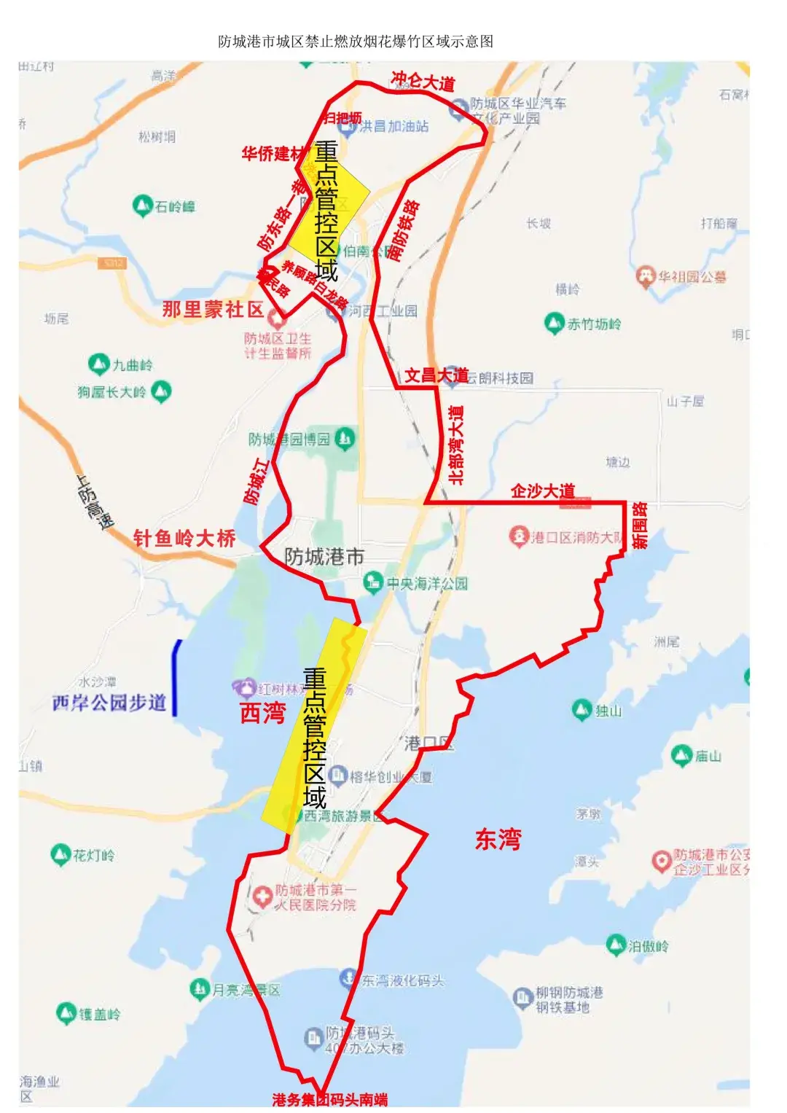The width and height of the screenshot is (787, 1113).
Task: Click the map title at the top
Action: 356,42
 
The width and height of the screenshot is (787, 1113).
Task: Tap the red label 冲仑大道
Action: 423,81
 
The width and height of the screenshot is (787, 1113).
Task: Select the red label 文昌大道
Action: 436,375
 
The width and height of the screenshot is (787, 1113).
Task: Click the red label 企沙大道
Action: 543,491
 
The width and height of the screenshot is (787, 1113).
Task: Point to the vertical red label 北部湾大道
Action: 457,445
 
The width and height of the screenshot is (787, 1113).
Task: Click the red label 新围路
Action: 639,525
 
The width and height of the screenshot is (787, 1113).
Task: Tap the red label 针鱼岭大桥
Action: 184,539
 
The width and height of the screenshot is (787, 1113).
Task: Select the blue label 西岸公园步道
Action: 109,703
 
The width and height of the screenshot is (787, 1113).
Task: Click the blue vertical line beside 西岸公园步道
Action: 175,678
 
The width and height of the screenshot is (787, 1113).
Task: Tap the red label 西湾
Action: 263,712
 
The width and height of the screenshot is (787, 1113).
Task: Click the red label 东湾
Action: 498,839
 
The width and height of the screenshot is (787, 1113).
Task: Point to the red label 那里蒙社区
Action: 213,309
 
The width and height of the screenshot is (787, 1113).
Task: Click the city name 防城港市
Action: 324,557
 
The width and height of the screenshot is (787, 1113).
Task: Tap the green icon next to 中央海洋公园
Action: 373,582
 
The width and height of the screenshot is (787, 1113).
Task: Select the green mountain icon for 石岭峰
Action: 142,206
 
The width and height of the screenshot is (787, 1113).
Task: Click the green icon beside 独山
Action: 582,709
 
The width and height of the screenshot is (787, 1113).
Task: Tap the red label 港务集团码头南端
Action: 329,1099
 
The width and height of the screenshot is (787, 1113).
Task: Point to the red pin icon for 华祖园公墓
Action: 645,276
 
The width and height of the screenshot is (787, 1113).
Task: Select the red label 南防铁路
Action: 403,230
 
